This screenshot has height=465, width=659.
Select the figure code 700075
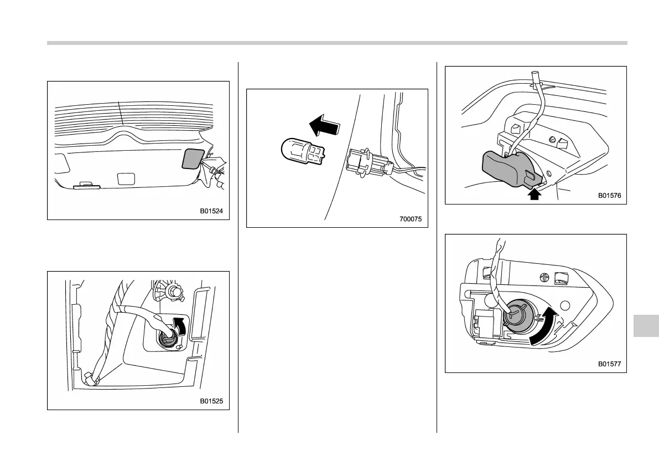tap(410, 219)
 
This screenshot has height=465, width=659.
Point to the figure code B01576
tap(610, 195)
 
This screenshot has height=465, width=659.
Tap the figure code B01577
tap(610, 364)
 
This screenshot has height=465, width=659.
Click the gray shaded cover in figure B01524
tap(193, 158)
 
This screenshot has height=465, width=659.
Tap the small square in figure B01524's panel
tap(127, 178)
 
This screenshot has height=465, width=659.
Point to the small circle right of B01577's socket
tap(565, 304)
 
